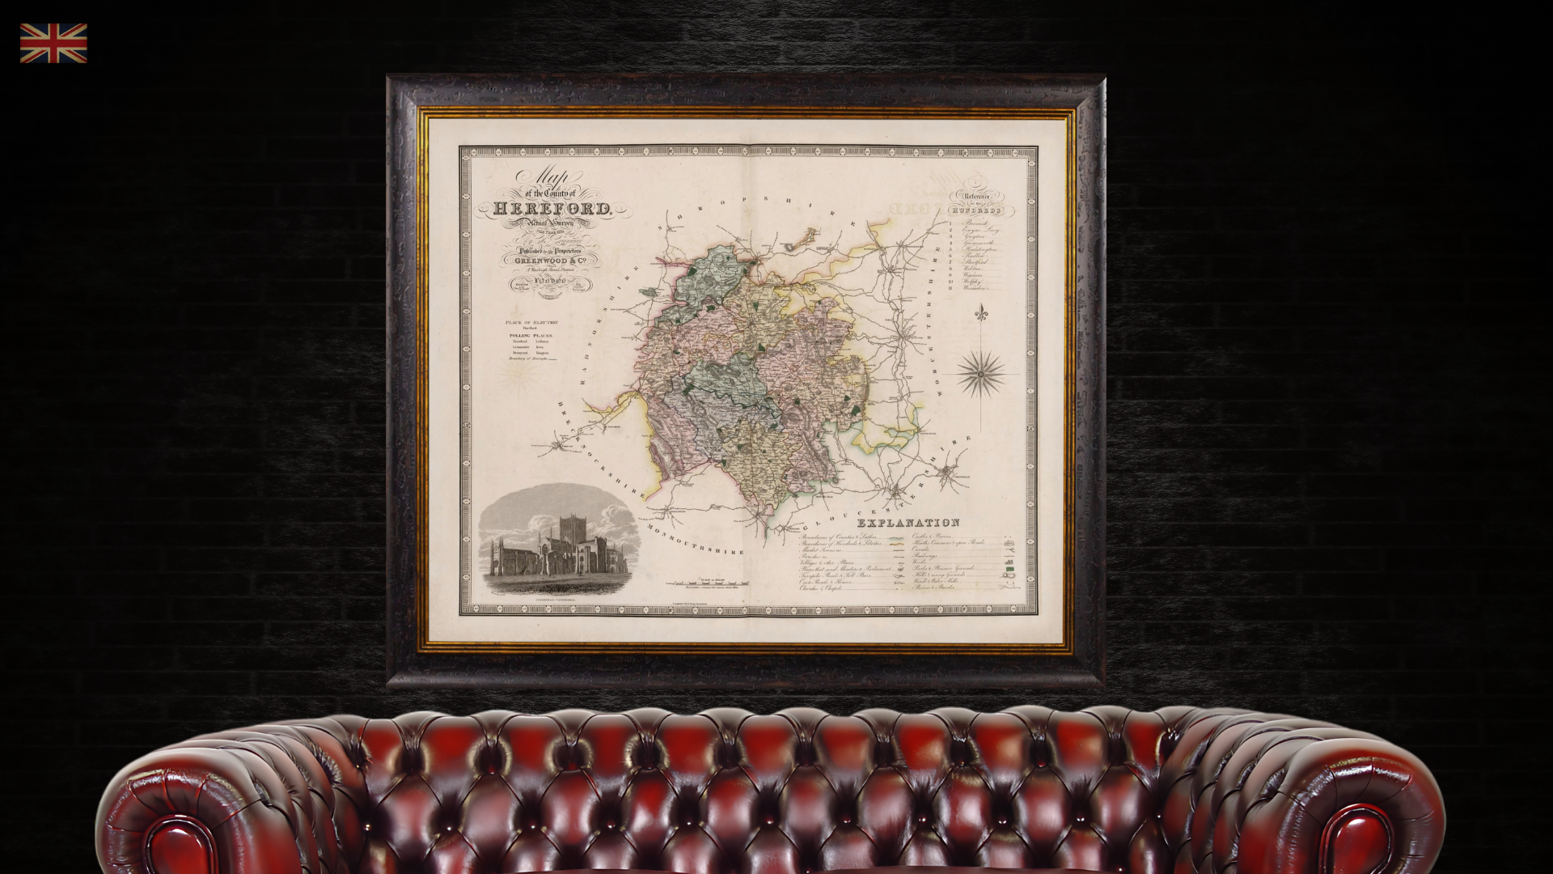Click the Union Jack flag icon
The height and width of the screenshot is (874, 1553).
coord(53,43)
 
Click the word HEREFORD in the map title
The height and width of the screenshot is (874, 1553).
coord(552,209)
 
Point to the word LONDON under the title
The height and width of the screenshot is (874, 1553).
coord(548,282)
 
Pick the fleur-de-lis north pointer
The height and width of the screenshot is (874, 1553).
coord(981,312)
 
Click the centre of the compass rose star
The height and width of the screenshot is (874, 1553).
coord(981,374)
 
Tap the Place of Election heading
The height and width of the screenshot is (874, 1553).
coord(531,322)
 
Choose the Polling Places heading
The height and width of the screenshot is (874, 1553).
coord(531,335)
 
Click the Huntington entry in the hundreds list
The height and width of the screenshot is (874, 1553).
coord(980,249)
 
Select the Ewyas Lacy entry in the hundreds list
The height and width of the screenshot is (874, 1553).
coord(980,230)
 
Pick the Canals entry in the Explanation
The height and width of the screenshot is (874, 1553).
coord(921,549)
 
